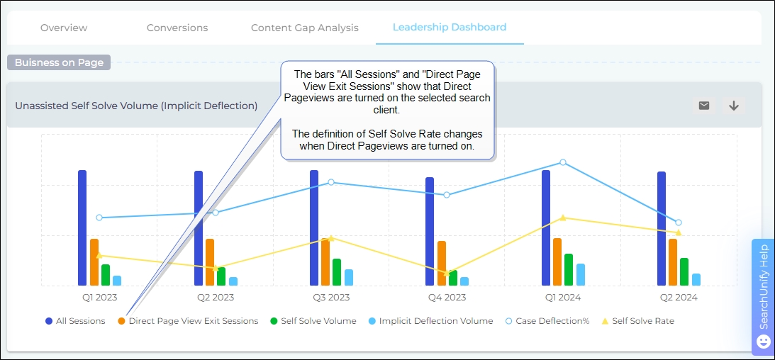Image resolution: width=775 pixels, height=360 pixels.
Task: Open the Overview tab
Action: pos(64,28)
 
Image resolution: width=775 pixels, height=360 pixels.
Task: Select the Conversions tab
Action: pos(177,28)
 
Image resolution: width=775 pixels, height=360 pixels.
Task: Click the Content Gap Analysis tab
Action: pos(305,28)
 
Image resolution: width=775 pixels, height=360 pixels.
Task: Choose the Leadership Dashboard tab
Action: pos(450,27)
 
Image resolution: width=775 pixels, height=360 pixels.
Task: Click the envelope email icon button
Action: pos(704,106)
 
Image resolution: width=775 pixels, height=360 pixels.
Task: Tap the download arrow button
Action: pos(734,106)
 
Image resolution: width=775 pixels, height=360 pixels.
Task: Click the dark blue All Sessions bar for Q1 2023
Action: pos(82,227)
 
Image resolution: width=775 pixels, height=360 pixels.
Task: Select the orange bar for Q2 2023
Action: pos(210,261)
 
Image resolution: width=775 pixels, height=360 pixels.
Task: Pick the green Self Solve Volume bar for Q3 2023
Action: pos(337,272)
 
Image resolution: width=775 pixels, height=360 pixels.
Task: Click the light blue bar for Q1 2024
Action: pos(581,274)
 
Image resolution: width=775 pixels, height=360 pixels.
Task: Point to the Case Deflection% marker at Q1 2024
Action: pos(563,162)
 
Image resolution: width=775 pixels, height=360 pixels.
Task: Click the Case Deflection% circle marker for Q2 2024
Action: pos(679,223)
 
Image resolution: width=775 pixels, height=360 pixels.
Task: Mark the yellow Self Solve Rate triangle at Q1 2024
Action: pos(563,218)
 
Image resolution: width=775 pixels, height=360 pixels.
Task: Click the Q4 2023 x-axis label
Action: pos(447,298)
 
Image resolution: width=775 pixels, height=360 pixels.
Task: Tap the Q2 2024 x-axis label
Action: pos(679,298)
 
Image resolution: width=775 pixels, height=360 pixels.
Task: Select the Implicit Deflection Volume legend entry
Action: pos(430,321)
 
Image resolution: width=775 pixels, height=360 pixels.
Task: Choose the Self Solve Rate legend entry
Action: pos(637,321)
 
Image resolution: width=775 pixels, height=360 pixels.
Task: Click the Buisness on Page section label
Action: pos(60,62)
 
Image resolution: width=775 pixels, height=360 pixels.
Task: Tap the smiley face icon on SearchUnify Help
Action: pos(764,342)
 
